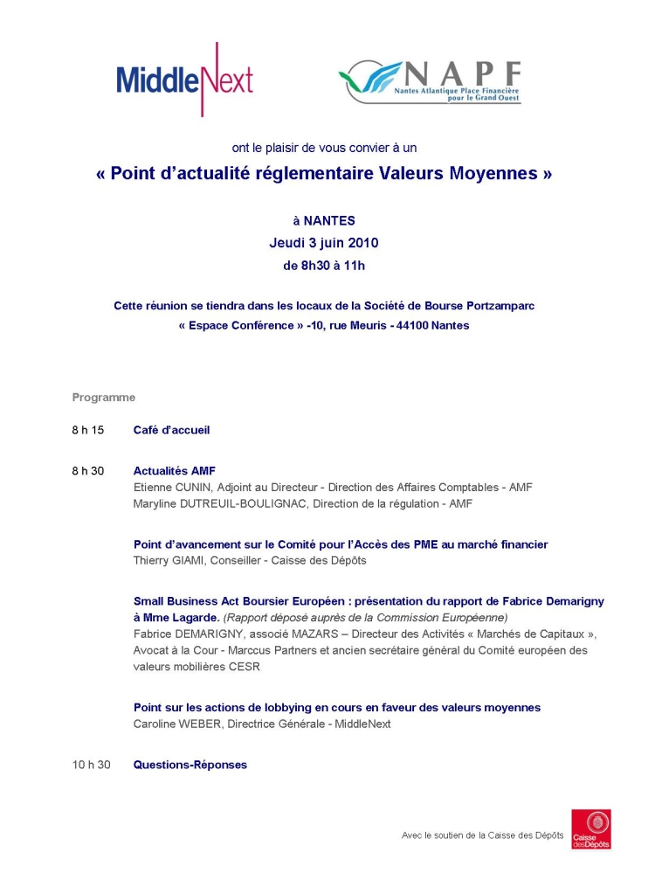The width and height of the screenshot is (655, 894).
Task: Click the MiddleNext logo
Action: tap(184, 80)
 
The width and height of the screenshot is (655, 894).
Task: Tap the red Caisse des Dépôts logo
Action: tap(591, 829)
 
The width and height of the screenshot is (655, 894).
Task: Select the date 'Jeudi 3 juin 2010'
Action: tap(324, 243)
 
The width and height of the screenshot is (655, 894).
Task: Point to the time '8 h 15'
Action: tap(88, 430)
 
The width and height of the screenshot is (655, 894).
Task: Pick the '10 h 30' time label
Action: tap(91, 765)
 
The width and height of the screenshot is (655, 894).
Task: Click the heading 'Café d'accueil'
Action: tap(171, 430)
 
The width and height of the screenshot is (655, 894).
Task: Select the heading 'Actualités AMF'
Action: tap(174, 471)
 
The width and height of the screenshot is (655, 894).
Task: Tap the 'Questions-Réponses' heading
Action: tap(190, 765)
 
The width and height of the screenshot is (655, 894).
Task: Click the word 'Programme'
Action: tap(104, 398)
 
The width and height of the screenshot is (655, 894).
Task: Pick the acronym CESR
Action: tap(246, 667)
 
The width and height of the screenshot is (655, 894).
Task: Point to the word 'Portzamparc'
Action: tap(500, 305)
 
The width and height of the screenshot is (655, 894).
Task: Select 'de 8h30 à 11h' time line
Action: tap(324, 265)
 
